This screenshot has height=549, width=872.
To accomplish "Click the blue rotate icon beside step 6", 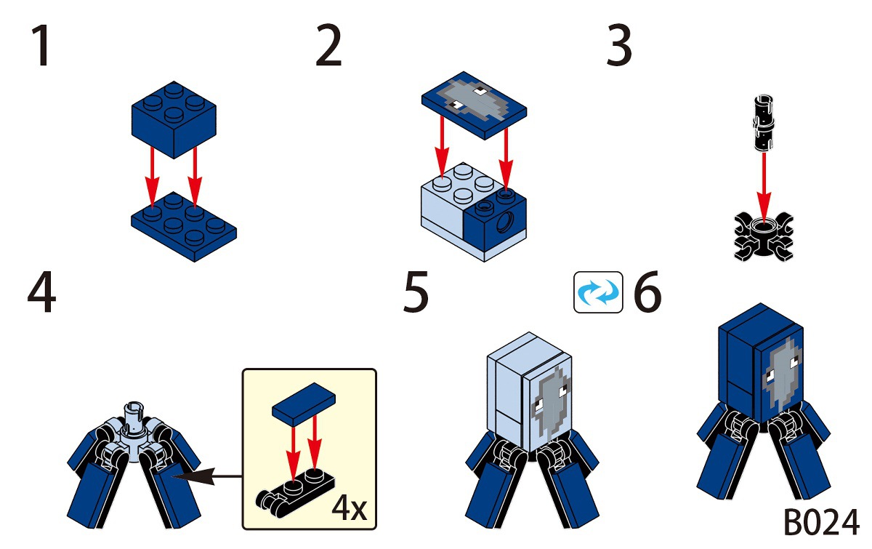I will (598, 292).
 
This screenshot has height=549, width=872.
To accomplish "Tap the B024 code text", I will (821, 523).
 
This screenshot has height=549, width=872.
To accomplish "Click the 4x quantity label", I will (350, 508).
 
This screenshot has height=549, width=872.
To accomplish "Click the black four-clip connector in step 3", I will (763, 236).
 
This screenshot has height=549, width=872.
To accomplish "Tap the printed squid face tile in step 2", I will (475, 104).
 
